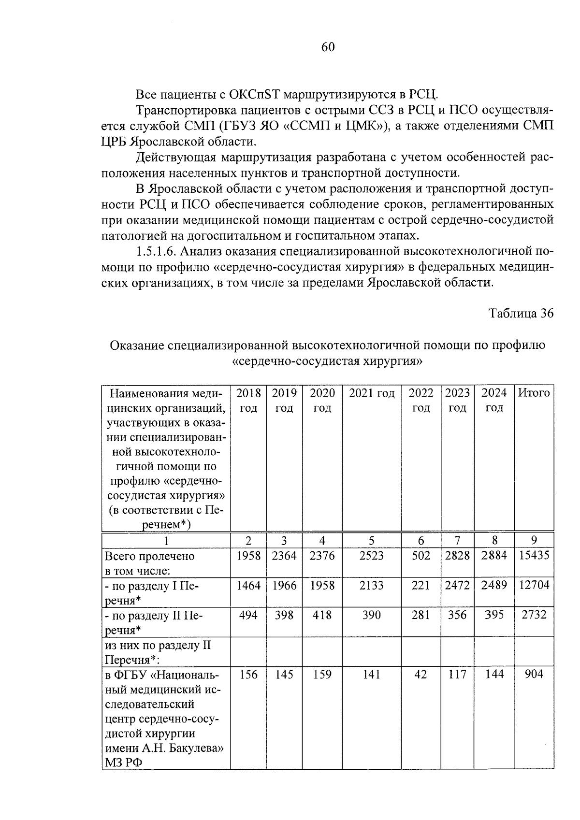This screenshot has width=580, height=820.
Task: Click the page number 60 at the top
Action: click(x=327, y=47)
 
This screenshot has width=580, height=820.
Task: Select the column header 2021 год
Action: click(x=372, y=393)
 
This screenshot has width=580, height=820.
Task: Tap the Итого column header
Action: click(x=534, y=393)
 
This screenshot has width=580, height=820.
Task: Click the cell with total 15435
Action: click(x=534, y=556)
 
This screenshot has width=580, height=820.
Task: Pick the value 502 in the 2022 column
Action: click(x=421, y=556)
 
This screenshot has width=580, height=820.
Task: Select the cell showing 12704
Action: click(x=534, y=585)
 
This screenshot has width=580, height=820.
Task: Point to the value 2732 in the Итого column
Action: click(x=534, y=615)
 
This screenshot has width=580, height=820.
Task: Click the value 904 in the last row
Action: click(x=534, y=674)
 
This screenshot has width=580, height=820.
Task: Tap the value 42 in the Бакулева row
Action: click(x=421, y=674)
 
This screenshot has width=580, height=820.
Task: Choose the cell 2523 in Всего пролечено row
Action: click(x=372, y=556)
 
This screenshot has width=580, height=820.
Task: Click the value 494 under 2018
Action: click(x=248, y=615)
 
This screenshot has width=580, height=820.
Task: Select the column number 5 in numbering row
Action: click(x=372, y=540)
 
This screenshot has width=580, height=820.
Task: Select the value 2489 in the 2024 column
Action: click(x=494, y=585)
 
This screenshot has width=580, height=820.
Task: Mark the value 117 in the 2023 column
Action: click(x=457, y=674)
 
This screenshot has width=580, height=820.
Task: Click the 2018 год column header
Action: click(x=248, y=400)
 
